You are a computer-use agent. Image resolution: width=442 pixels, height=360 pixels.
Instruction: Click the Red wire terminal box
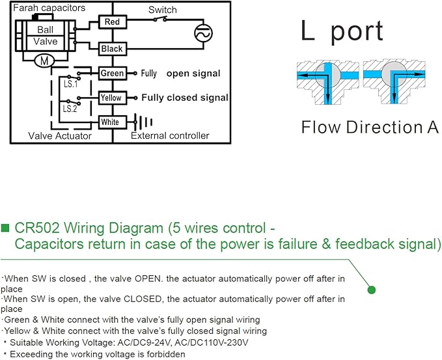(x=113, y=21)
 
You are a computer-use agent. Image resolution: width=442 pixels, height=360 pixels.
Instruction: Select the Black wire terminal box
(x=113, y=49)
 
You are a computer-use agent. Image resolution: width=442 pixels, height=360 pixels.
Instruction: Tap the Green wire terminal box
(x=113, y=74)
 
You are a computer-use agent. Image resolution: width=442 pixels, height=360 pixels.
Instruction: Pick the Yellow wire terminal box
(x=113, y=98)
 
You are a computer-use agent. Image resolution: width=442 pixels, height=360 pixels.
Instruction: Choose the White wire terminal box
(x=113, y=122)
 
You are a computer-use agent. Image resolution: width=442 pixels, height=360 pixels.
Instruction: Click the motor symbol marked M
(x=44, y=61)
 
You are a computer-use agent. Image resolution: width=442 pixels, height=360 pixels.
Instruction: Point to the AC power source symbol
(x=203, y=33)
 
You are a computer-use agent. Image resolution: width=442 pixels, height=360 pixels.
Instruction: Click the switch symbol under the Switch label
(x=160, y=19)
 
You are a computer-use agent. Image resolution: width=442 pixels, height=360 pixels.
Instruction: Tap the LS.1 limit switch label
(x=70, y=84)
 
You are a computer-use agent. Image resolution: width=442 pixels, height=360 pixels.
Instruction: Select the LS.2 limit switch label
(x=70, y=109)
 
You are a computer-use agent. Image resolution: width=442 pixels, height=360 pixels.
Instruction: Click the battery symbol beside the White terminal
(x=143, y=122)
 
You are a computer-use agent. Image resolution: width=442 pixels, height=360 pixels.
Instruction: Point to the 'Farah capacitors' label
(x=49, y=8)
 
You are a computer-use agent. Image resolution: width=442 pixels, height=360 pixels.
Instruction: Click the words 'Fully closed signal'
(x=185, y=98)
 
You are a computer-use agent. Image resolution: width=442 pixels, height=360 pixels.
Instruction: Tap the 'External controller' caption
(x=170, y=135)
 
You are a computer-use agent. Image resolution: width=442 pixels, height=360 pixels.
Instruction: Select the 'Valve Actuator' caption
(x=60, y=136)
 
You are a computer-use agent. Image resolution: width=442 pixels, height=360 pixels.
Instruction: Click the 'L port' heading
(x=342, y=31)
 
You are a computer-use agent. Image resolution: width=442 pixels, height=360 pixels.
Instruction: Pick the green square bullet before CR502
(x=5, y=228)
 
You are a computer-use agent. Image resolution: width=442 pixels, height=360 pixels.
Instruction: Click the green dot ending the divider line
(x=372, y=290)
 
